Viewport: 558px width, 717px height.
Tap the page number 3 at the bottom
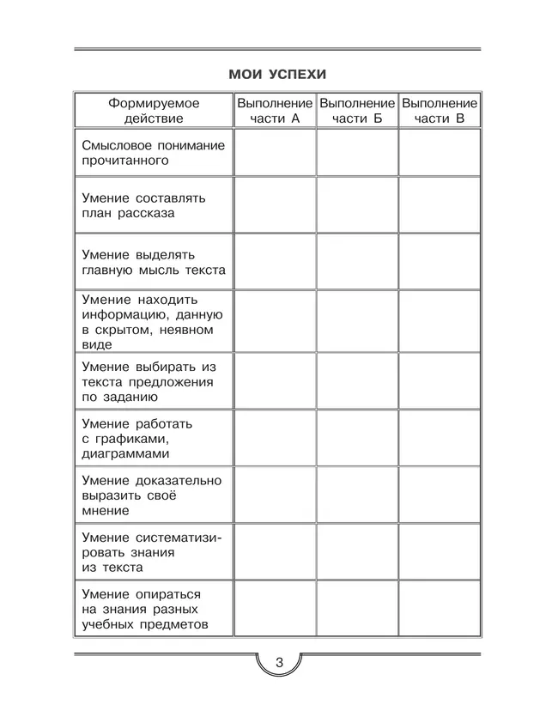(278, 664)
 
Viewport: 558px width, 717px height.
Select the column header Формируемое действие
(153, 110)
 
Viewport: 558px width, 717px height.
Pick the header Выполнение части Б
(357, 110)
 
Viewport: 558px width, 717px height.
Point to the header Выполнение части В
(439, 110)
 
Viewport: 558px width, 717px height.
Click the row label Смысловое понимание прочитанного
(153, 153)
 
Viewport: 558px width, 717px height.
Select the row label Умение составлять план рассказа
(144, 205)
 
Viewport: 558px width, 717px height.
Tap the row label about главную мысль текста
(153, 262)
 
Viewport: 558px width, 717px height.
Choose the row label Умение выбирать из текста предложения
(148, 381)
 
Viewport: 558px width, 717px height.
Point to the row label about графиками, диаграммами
(137, 438)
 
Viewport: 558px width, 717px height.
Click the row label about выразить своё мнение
(151, 495)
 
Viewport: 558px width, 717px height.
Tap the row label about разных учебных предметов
(146, 609)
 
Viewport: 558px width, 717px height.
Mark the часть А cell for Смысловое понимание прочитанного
(275, 153)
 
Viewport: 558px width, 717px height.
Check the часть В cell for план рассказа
(439, 205)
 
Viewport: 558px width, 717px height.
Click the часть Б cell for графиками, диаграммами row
(357, 438)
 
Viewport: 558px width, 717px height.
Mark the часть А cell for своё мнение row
(275, 495)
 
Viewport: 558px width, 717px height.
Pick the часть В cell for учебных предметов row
(439, 609)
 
